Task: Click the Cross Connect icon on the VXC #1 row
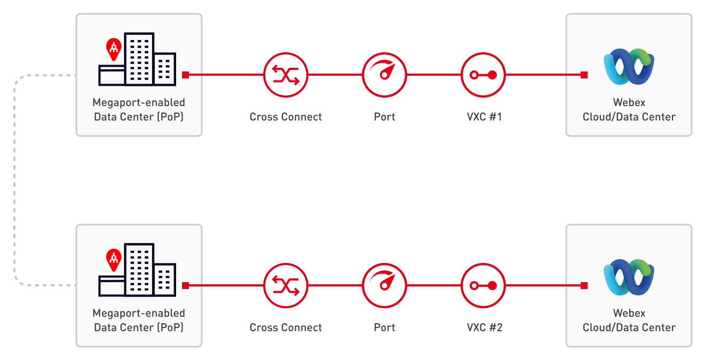tap(286, 75)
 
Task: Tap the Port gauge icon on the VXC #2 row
tap(384, 285)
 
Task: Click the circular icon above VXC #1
tap(482, 75)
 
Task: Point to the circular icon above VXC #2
tap(482, 285)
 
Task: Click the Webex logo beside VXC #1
tap(629, 66)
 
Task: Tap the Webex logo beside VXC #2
tap(629, 277)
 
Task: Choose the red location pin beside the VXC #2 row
tap(113, 259)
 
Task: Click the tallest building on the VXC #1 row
tap(139, 59)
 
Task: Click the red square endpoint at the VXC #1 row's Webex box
tap(584, 75)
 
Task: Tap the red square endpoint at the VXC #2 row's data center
tap(185, 285)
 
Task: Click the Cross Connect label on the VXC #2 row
tap(286, 327)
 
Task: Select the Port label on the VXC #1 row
tap(384, 117)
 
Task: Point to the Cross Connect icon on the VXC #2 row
tap(286, 285)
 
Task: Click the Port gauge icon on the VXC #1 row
tap(384, 75)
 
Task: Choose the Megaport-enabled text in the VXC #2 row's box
tap(139, 313)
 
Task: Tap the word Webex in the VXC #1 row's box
tap(629, 102)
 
